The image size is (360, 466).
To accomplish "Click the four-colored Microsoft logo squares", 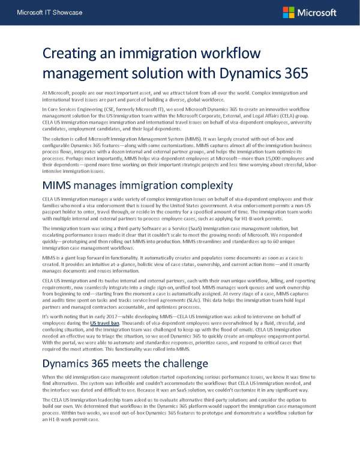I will click(289, 12).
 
